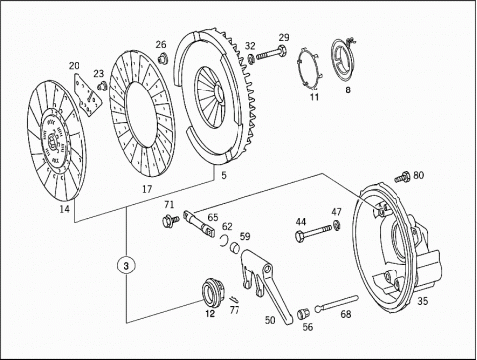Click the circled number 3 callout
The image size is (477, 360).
[126, 266]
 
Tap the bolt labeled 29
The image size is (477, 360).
[271, 53]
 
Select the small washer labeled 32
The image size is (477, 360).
[251, 58]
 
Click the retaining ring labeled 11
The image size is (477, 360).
[308, 69]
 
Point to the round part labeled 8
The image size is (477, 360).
[343, 60]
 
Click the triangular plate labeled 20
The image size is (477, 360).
[86, 94]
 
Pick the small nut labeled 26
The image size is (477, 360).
[162, 58]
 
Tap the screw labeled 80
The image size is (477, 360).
[402, 177]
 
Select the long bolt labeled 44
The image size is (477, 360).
[313, 232]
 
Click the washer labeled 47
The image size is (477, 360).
[337, 224]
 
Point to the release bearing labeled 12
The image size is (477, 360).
[213, 292]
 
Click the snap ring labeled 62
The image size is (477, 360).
[225, 240]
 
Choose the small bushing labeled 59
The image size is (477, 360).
[236, 247]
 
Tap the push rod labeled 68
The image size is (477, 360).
[336, 303]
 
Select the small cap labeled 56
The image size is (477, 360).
[301, 313]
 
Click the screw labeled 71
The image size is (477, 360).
[170, 220]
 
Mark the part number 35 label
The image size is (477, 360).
[422, 301]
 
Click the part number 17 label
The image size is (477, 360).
[147, 189]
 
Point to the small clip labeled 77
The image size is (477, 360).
[234, 299]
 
